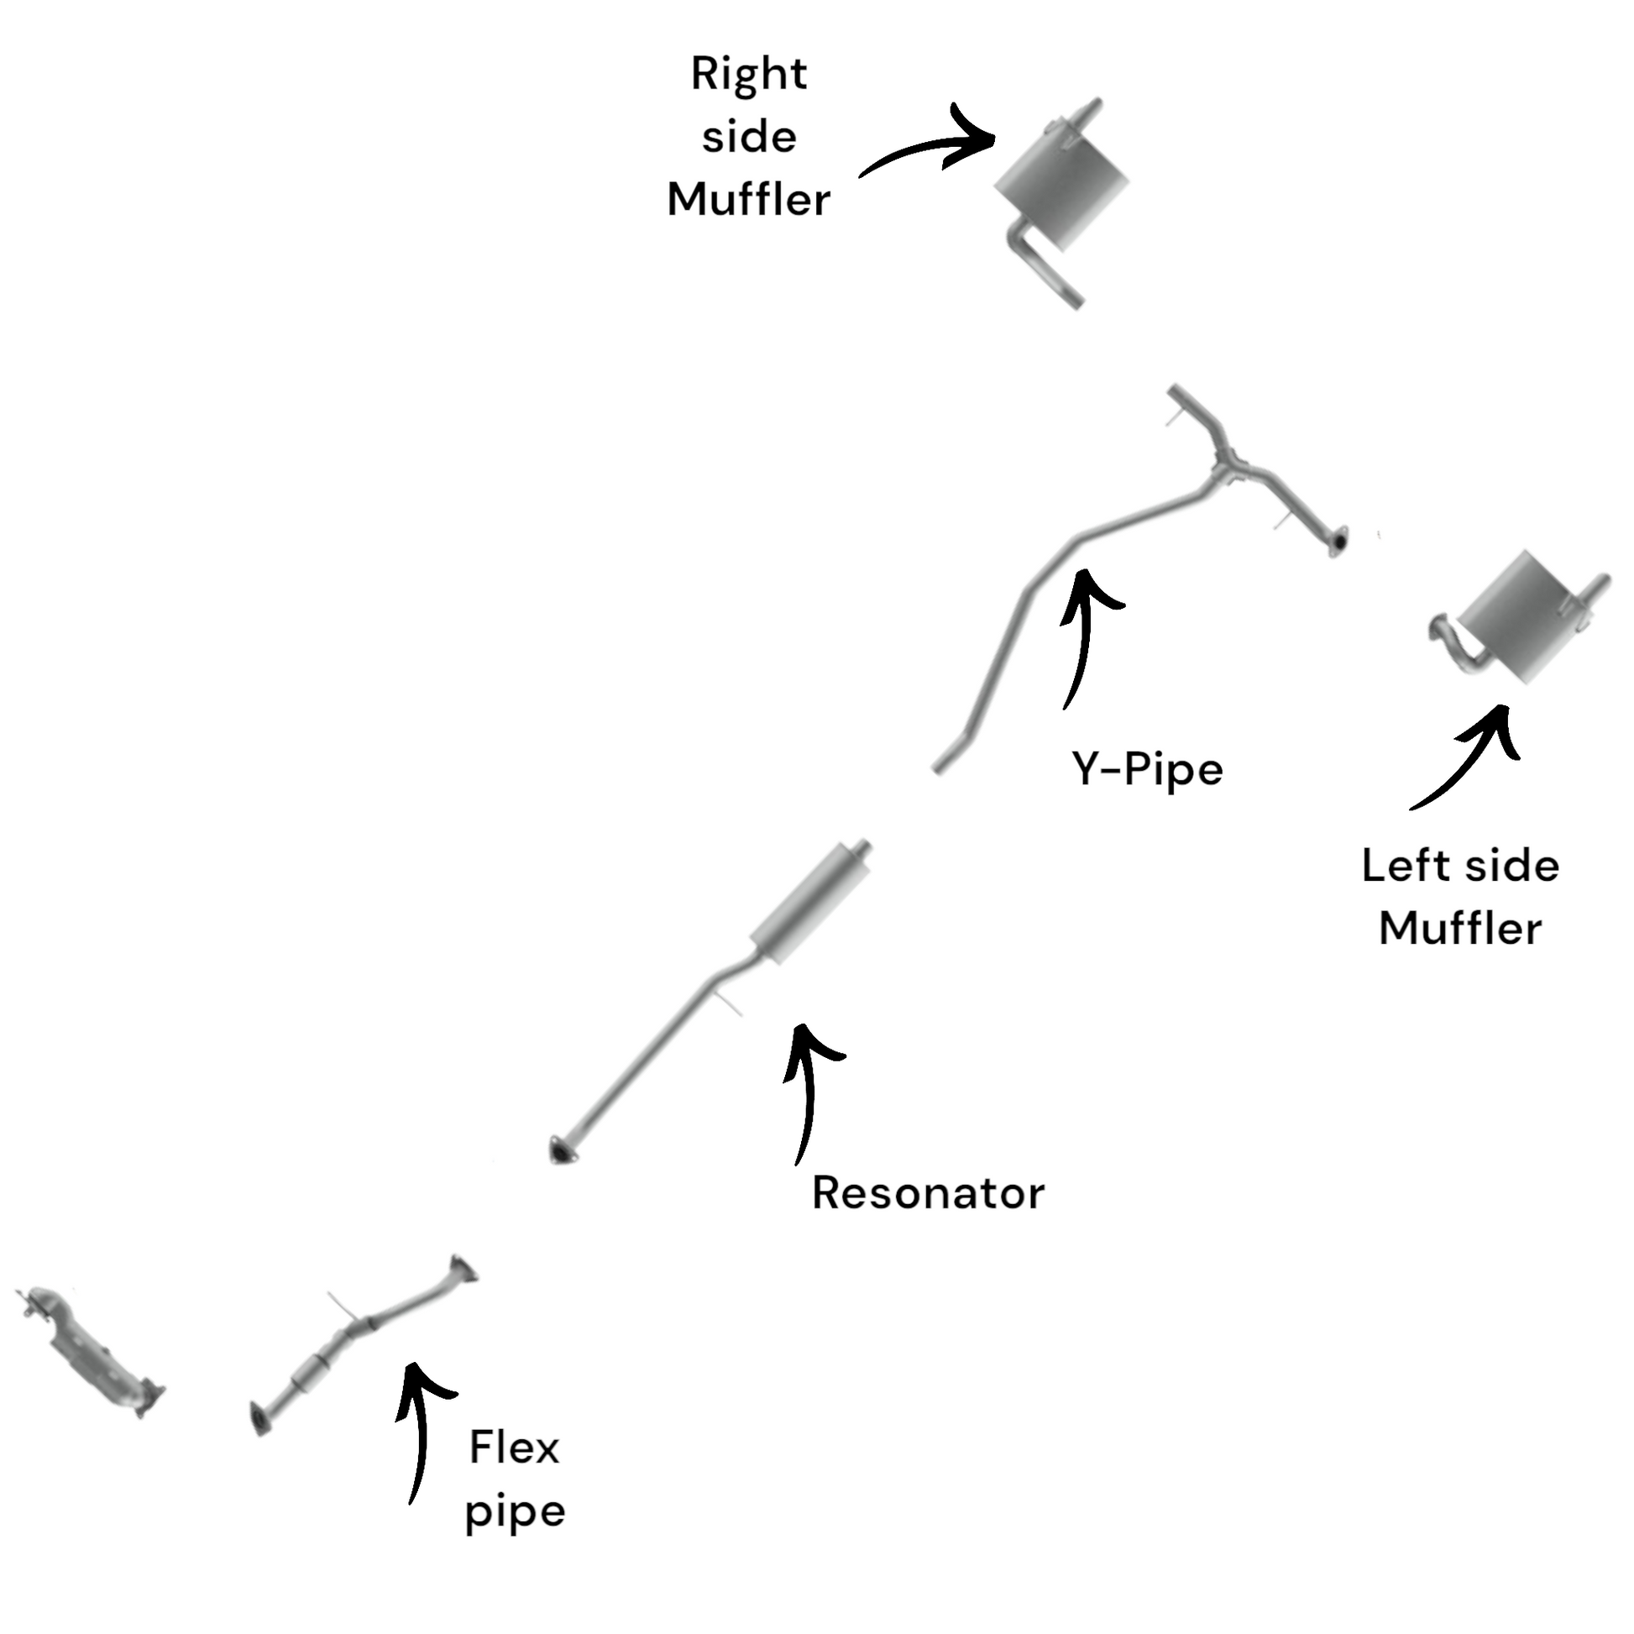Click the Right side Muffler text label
(x=748, y=137)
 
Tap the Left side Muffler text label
(x=1461, y=898)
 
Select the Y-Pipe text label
(x=1148, y=770)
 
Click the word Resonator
(x=928, y=1193)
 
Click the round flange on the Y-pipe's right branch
(x=1337, y=541)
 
